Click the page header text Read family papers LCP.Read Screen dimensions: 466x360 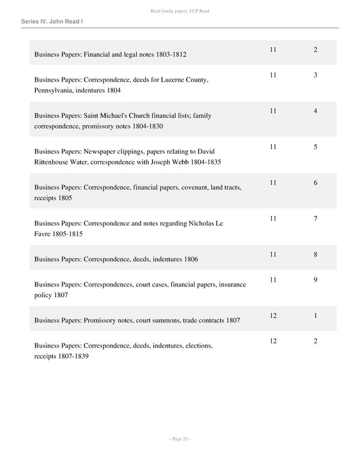[x=180, y=11]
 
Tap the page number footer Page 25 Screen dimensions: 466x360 [x=180, y=439]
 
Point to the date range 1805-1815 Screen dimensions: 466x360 [x=67, y=234]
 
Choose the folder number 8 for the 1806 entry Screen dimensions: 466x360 [x=316, y=255]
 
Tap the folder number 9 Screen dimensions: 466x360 [x=316, y=280]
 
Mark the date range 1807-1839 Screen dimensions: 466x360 [x=71, y=357]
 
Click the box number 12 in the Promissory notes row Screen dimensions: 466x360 [x=273, y=316]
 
